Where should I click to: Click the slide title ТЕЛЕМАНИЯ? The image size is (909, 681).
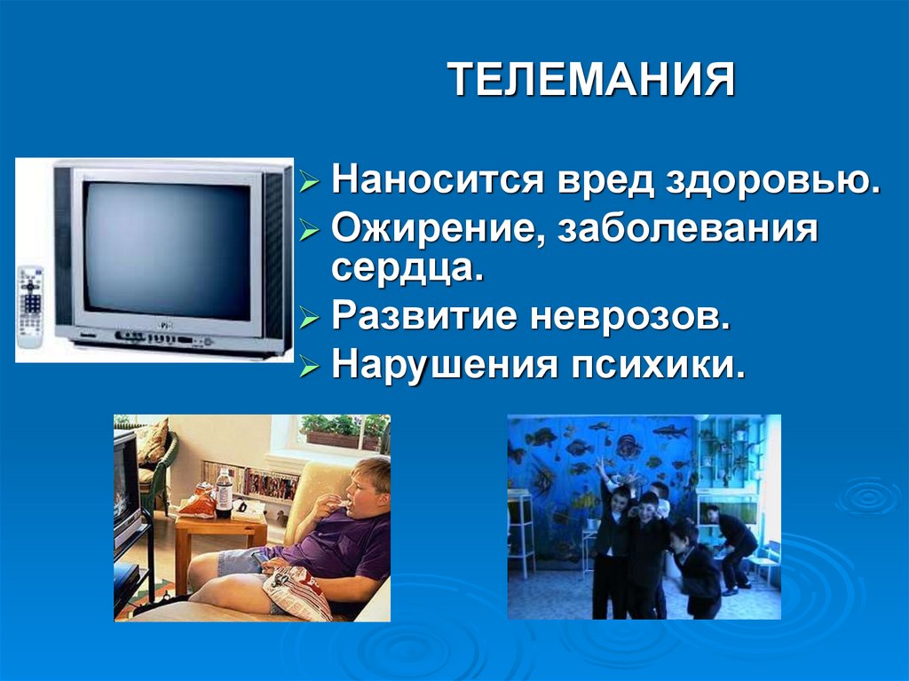click(591, 81)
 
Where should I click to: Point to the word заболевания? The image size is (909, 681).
click(687, 229)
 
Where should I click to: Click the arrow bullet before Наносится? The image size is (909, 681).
click(308, 183)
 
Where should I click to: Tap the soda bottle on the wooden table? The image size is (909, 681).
click(224, 494)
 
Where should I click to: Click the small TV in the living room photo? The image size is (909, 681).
click(126, 483)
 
